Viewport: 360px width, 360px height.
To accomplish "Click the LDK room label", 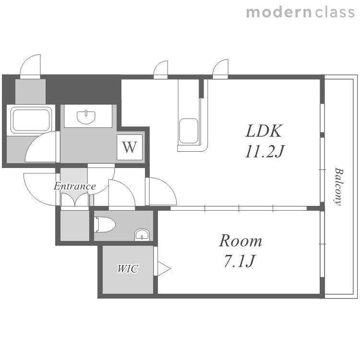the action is tap(264, 131).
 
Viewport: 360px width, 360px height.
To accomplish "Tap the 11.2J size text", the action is tap(264, 152).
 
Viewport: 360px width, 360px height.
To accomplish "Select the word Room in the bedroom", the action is tap(240, 241).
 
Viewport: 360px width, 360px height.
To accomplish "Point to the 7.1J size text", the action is tap(239, 261).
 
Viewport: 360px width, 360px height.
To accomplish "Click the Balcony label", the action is tap(338, 186).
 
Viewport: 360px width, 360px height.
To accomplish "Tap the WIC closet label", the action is tap(128, 269).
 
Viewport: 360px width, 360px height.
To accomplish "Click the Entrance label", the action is tap(74, 186).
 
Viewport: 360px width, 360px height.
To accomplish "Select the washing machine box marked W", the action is tap(130, 147).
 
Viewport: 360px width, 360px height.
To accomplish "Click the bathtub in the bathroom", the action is tap(31, 120).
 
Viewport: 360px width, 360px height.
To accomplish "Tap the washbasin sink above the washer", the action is tap(86, 117).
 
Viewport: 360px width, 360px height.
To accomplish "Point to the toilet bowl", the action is tap(105, 224).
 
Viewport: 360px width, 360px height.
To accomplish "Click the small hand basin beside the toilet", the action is tap(142, 235).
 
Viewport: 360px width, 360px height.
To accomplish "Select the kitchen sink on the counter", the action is tap(189, 131).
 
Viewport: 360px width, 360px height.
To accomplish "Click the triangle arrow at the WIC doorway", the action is tap(164, 268).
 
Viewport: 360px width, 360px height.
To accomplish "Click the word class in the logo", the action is tap(335, 12).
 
